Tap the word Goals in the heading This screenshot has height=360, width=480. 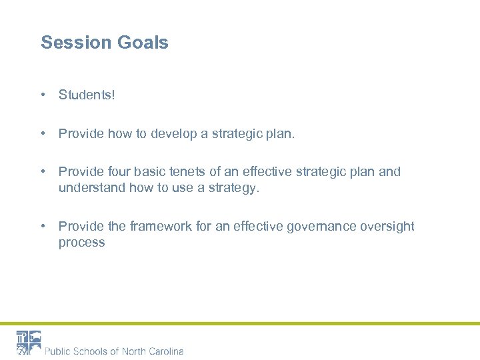[143, 43]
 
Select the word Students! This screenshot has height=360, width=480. [87, 95]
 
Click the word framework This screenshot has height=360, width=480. [161, 227]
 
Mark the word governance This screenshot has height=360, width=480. [322, 227]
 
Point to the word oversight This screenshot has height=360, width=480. [387, 227]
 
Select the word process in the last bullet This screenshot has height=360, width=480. [81, 243]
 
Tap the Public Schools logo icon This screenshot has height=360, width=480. [29, 343]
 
